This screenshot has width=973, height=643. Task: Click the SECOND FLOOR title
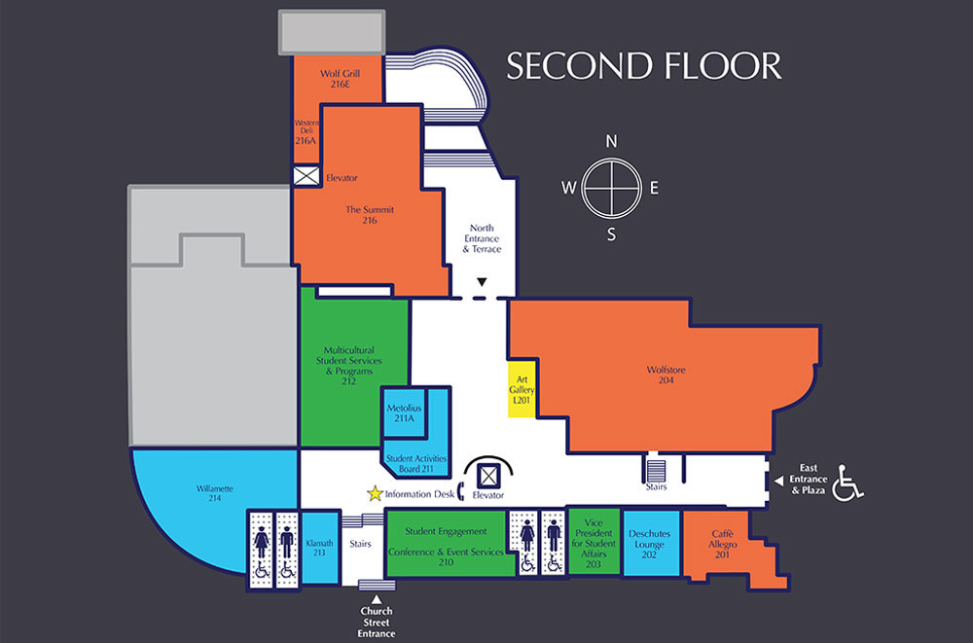643,65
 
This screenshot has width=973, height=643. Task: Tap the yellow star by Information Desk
374,494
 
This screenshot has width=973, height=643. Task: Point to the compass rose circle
611,188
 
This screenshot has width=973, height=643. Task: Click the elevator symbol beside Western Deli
306,176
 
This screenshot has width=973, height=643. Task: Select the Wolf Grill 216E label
339,78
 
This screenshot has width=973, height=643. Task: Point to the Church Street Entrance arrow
377,597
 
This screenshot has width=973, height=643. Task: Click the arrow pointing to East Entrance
776,480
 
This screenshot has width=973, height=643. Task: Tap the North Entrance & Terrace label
481,238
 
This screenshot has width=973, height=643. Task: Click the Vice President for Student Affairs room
593,543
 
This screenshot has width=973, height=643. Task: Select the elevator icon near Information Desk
490,476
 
